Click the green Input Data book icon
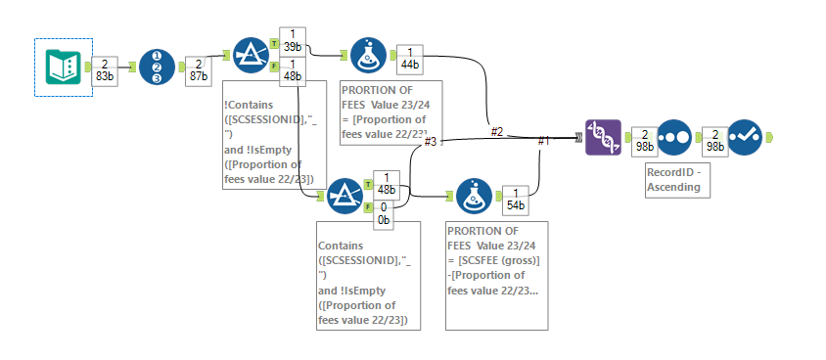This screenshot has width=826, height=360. tap(64, 67)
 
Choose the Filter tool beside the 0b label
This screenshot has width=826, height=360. tap(345, 197)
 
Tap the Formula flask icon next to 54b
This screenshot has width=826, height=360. tap(474, 197)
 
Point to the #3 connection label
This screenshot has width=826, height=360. tap(430, 141)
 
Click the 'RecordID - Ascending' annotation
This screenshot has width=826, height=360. tap(673, 178)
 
